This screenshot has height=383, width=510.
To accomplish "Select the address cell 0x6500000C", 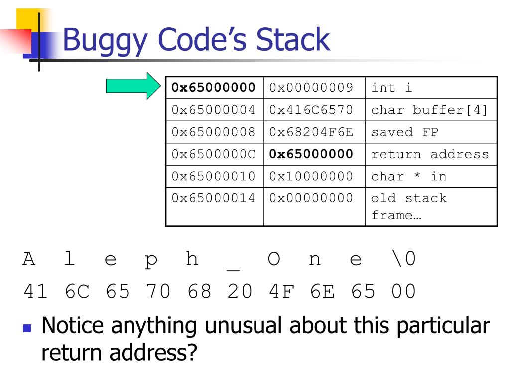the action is click(214, 154).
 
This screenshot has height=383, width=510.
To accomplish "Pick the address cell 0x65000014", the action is click(214, 198).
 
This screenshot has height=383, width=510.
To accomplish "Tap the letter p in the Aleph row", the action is click(151, 260).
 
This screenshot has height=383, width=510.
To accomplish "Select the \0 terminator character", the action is click(403, 260).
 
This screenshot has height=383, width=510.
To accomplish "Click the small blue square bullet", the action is click(27, 329).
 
